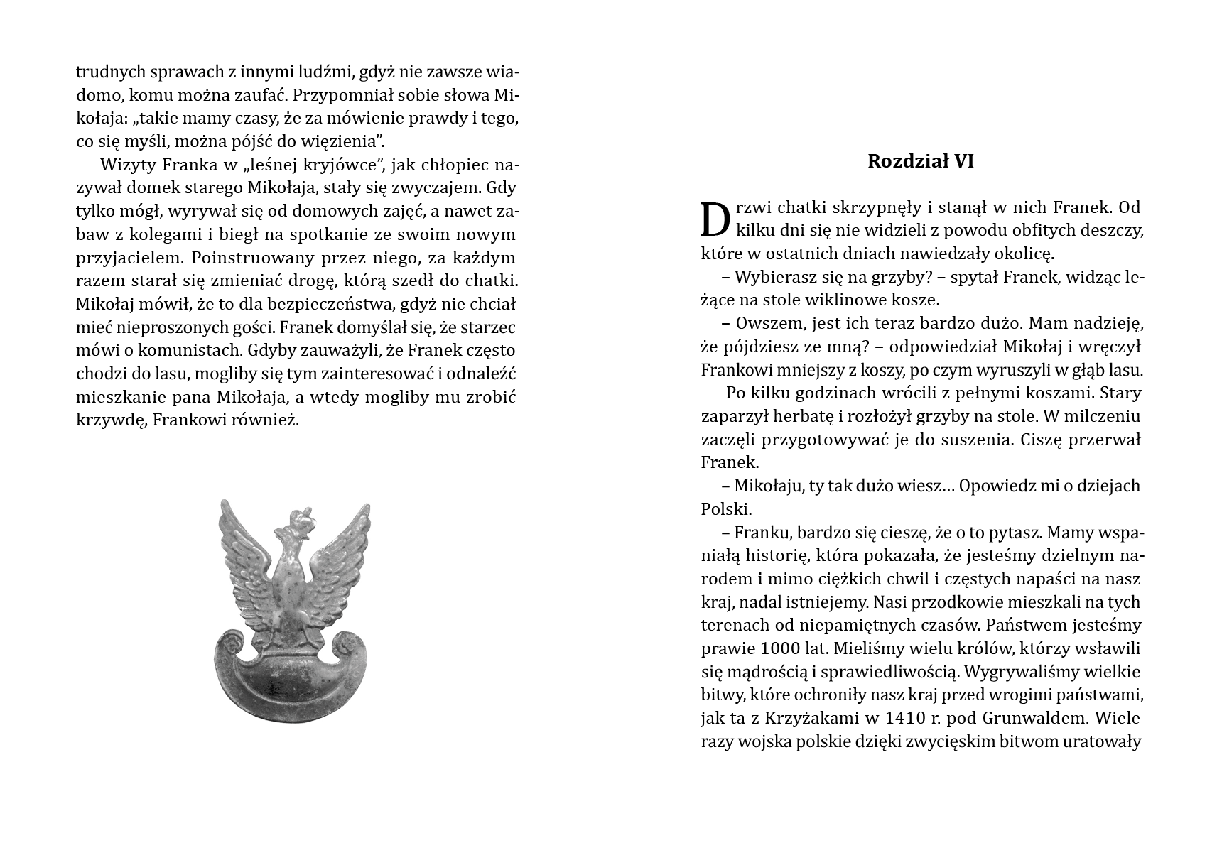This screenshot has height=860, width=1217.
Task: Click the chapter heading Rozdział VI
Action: point(920,161)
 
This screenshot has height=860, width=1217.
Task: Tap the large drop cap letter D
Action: point(715,219)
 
